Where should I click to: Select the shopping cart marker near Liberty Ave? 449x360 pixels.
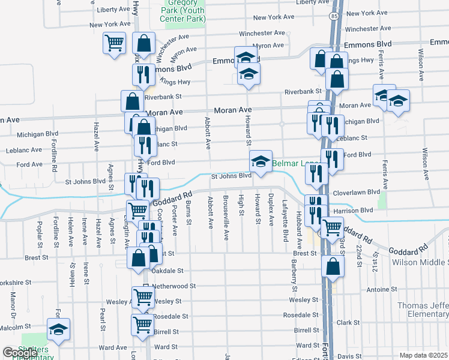[114, 43]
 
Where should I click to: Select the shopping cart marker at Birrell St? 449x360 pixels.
[142, 325]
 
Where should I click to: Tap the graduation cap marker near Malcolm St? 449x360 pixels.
[58, 329]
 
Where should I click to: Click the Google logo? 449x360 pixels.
[19, 353]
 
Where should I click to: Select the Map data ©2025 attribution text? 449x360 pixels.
[423, 355]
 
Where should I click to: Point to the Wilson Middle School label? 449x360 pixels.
[420, 263]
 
